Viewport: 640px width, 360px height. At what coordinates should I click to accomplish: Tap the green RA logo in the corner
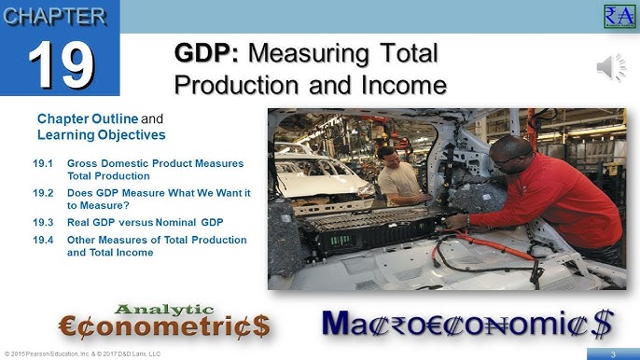(619, 16)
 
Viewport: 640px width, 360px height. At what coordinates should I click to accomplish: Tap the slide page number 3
(613, 353)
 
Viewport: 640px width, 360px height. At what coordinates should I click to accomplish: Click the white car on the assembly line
(313, 173)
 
